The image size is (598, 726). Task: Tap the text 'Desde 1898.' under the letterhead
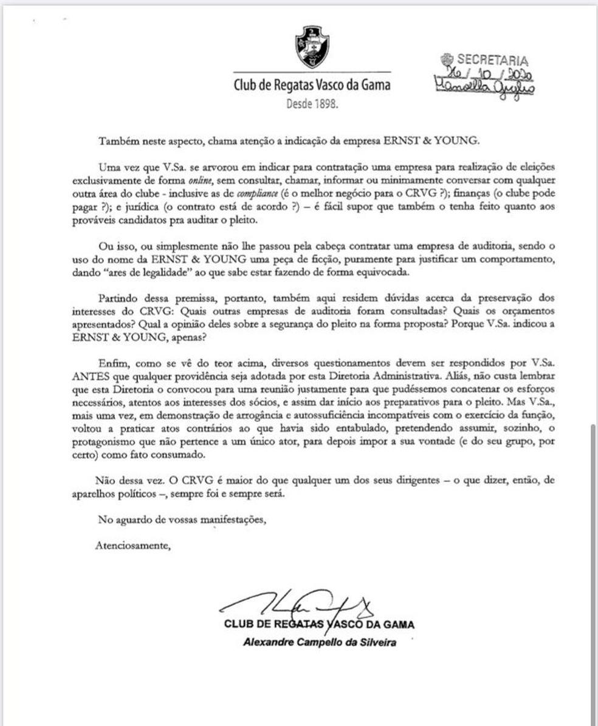(x=312, y=104)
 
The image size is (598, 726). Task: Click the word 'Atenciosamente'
(x=133, y=545)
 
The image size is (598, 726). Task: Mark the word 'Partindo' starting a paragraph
(x=117, y=298)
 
